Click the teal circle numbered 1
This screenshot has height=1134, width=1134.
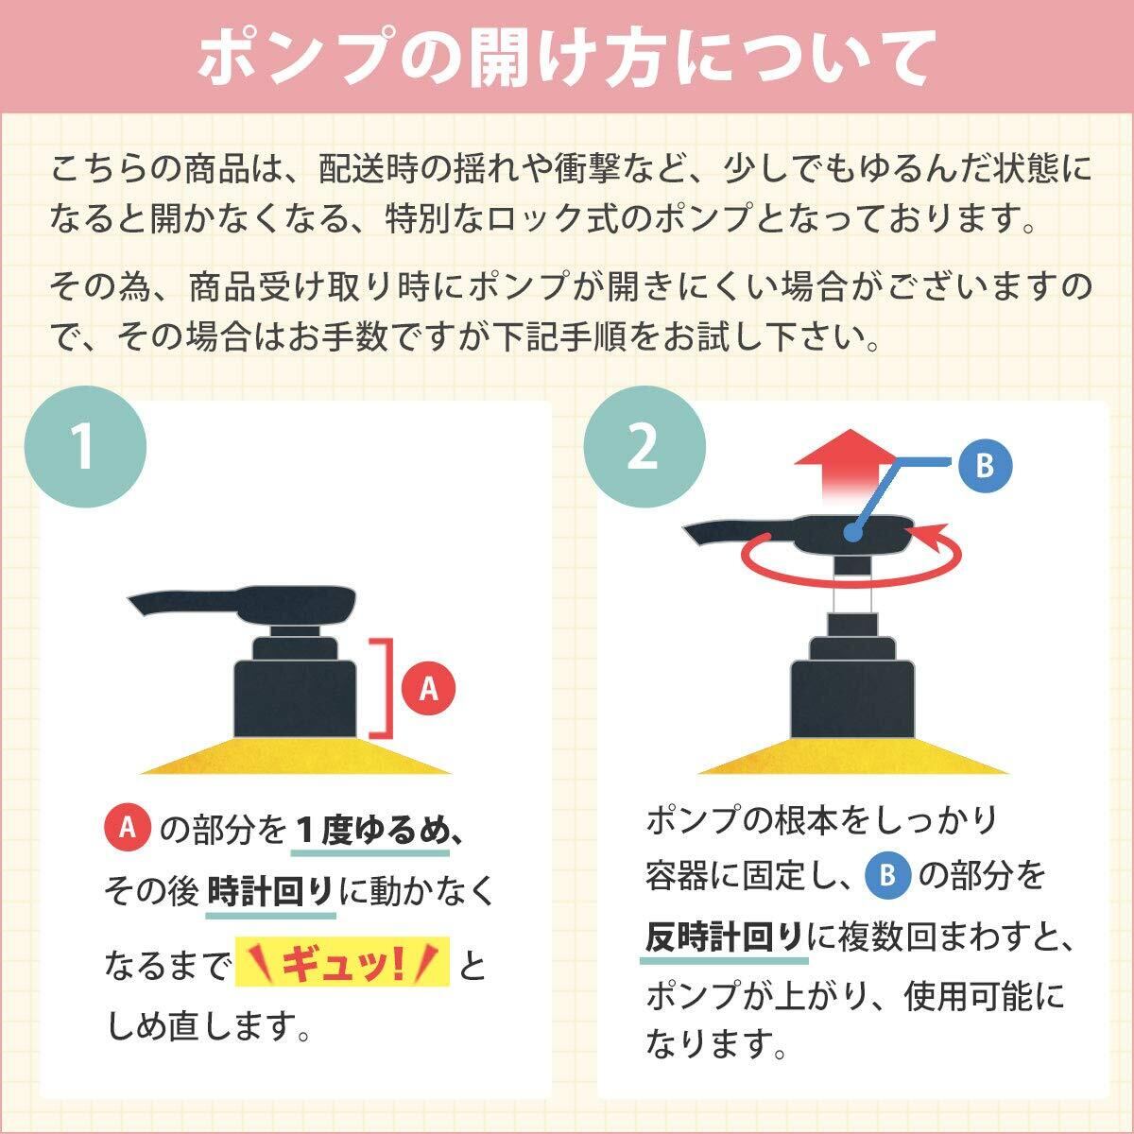click(x=85, y=447)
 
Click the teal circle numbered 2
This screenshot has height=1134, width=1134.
click(x=644, y=447)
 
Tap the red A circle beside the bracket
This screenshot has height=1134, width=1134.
click(x=428, y=688)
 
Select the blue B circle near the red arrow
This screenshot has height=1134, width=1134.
click(x=985, y=466)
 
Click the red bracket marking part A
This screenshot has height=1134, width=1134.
click(x=385, y=687)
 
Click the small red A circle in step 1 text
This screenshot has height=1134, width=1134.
click(x=128, y=829)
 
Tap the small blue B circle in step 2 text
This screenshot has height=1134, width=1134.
click(x=888, y=875)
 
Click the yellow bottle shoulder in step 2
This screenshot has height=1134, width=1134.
click(x=853, y=756)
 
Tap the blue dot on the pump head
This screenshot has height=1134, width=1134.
click(x=850, y=534)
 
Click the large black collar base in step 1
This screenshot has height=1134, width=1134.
click(x=296, y=698)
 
